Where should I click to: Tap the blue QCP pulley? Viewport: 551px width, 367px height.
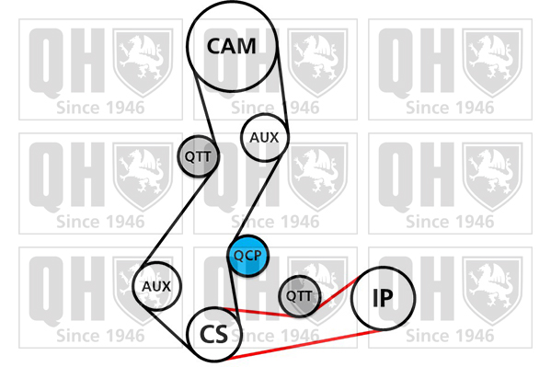click(248, 256)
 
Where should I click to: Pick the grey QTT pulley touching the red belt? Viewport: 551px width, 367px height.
click(300, 296)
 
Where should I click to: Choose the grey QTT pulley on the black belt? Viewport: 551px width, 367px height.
click(198, 156)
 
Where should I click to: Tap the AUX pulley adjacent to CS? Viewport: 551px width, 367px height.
click(156, 286)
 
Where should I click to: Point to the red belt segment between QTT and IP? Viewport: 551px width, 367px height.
click(338, 293)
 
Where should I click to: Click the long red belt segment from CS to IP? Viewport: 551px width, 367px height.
click(305, 345)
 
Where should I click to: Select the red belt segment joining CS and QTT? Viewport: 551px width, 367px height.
click(260, 312)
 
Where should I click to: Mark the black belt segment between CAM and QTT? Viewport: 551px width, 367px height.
click(204, 105)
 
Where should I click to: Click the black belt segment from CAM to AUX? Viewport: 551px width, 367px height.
click(283, 88)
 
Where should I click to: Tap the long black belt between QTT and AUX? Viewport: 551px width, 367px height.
click(175, 217)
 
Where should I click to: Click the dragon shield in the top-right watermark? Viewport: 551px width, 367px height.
click(492, 63)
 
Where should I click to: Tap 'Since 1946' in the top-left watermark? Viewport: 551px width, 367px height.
click(100, 108)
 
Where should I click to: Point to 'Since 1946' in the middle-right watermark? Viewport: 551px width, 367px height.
click(450, 222)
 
